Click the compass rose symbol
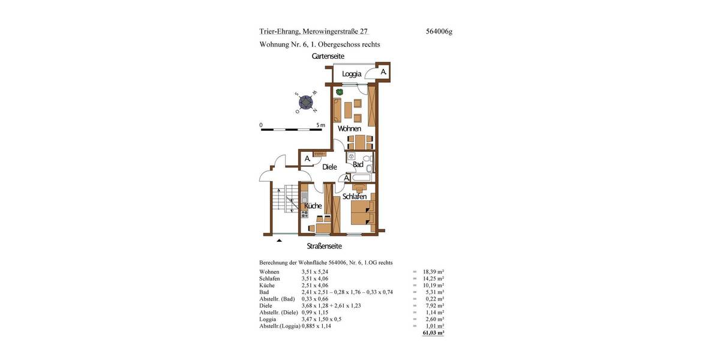coord(307,103)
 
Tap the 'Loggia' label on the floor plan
coord(352,74)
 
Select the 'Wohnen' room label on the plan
coord(349,128)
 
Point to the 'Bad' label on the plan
coord(358,164)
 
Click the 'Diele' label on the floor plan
coord(329,167)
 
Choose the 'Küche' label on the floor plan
coord(313,206)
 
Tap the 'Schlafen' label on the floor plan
coord(355,196)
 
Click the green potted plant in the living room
coord(339,92)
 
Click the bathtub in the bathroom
coord(363,178)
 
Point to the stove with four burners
coord(304,212)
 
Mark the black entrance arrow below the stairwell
coord(279,241)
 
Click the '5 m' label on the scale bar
coord(320,125)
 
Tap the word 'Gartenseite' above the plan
coord(328,56)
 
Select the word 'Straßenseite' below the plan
coord(325,246)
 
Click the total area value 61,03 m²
coord(433,332)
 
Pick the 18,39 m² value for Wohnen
coord(433,272)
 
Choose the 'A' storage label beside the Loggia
coord(383,72)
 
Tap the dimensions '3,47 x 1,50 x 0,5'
coord(322,319)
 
